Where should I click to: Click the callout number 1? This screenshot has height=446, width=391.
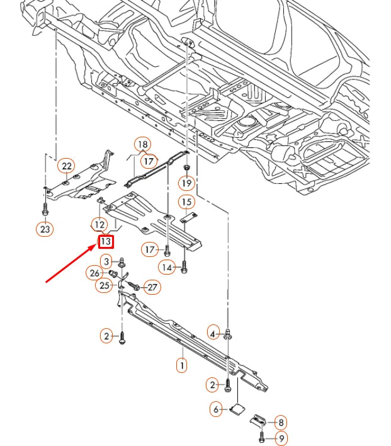pos(181,364)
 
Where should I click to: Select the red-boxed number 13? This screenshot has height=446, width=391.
pos(106,241)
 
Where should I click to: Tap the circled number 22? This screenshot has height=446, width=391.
pos(66,166)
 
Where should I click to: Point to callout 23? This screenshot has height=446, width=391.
pos(45,229)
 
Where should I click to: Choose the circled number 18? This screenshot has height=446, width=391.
pos(143,144)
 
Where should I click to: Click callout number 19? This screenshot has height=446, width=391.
pos(186,183)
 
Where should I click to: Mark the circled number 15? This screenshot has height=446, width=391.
pos(186,202)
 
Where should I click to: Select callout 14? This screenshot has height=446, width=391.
pos(166,267)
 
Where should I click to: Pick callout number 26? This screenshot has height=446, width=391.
pos(94,273)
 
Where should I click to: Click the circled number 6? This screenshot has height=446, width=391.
pos(217,409)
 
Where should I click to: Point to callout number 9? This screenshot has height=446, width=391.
pos(281,439)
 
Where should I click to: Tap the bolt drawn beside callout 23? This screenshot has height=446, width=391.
pos(45,209)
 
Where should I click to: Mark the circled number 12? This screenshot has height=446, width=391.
pos(99,224)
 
